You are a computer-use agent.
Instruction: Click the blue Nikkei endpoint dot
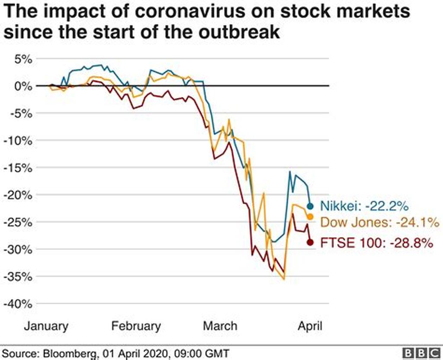tap(310, 206)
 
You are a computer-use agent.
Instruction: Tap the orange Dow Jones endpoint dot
tap(310, 217)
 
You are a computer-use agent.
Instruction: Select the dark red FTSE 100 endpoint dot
tap(310, 242)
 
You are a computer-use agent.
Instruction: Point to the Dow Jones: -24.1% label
tap(380, 223)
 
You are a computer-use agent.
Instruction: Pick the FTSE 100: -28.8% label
tap(376, 243)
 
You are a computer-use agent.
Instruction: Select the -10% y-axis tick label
tap(18, 140)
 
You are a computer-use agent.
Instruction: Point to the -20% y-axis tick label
tap(18, 195)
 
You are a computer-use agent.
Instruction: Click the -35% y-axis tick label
tap(18, 276)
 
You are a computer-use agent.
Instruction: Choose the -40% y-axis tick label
tap(18, 303)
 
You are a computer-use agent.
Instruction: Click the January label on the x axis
tap(46, 326)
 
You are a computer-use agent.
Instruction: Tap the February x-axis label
tap(136, 326)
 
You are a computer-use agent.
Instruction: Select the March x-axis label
tap(220, 326)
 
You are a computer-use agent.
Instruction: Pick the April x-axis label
tap(310, 326)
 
